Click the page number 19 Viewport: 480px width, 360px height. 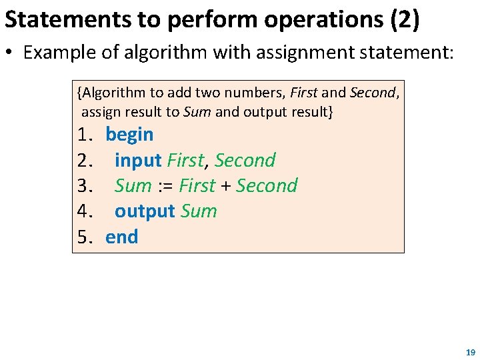(x=471, y=351)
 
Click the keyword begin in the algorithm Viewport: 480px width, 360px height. (x=129, y=135)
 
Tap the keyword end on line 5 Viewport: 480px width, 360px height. (x=121, y=237)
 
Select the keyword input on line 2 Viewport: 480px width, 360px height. (x=138, y=161)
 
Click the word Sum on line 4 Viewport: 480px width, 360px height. (x=199, y=212)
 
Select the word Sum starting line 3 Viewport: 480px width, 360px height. (x=133, y=186)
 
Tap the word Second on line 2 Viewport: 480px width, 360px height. (x=245, y=161)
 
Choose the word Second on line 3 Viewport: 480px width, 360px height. (x=267, y=186)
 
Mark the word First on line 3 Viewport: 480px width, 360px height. (x=197, y=186)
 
